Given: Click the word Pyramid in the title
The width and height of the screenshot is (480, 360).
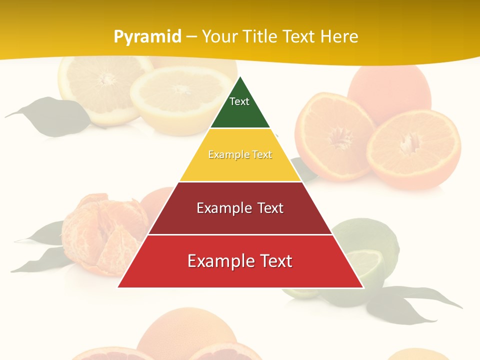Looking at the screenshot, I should pyautogui.click(x=147, y=37).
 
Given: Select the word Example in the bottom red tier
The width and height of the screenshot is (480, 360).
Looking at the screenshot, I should pyautogui.click(x=219, y=261).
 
